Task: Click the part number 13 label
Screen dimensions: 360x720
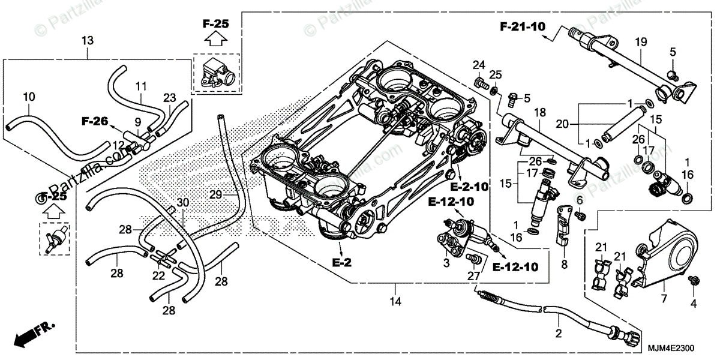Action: pos(88,41)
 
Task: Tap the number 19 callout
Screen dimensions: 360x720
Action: pos(641,42)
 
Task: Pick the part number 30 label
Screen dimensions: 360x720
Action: pos(182,203)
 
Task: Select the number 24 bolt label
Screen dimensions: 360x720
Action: pos(478,65)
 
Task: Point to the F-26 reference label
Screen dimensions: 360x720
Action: pos(95,121)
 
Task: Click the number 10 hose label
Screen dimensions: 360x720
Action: pos(29,97)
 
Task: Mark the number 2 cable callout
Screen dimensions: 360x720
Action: pos(558,334)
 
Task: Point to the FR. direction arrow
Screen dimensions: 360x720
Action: pos(33,334)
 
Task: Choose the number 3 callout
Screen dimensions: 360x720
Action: pos(446,263)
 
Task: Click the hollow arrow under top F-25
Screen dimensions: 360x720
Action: pos(215,40)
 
